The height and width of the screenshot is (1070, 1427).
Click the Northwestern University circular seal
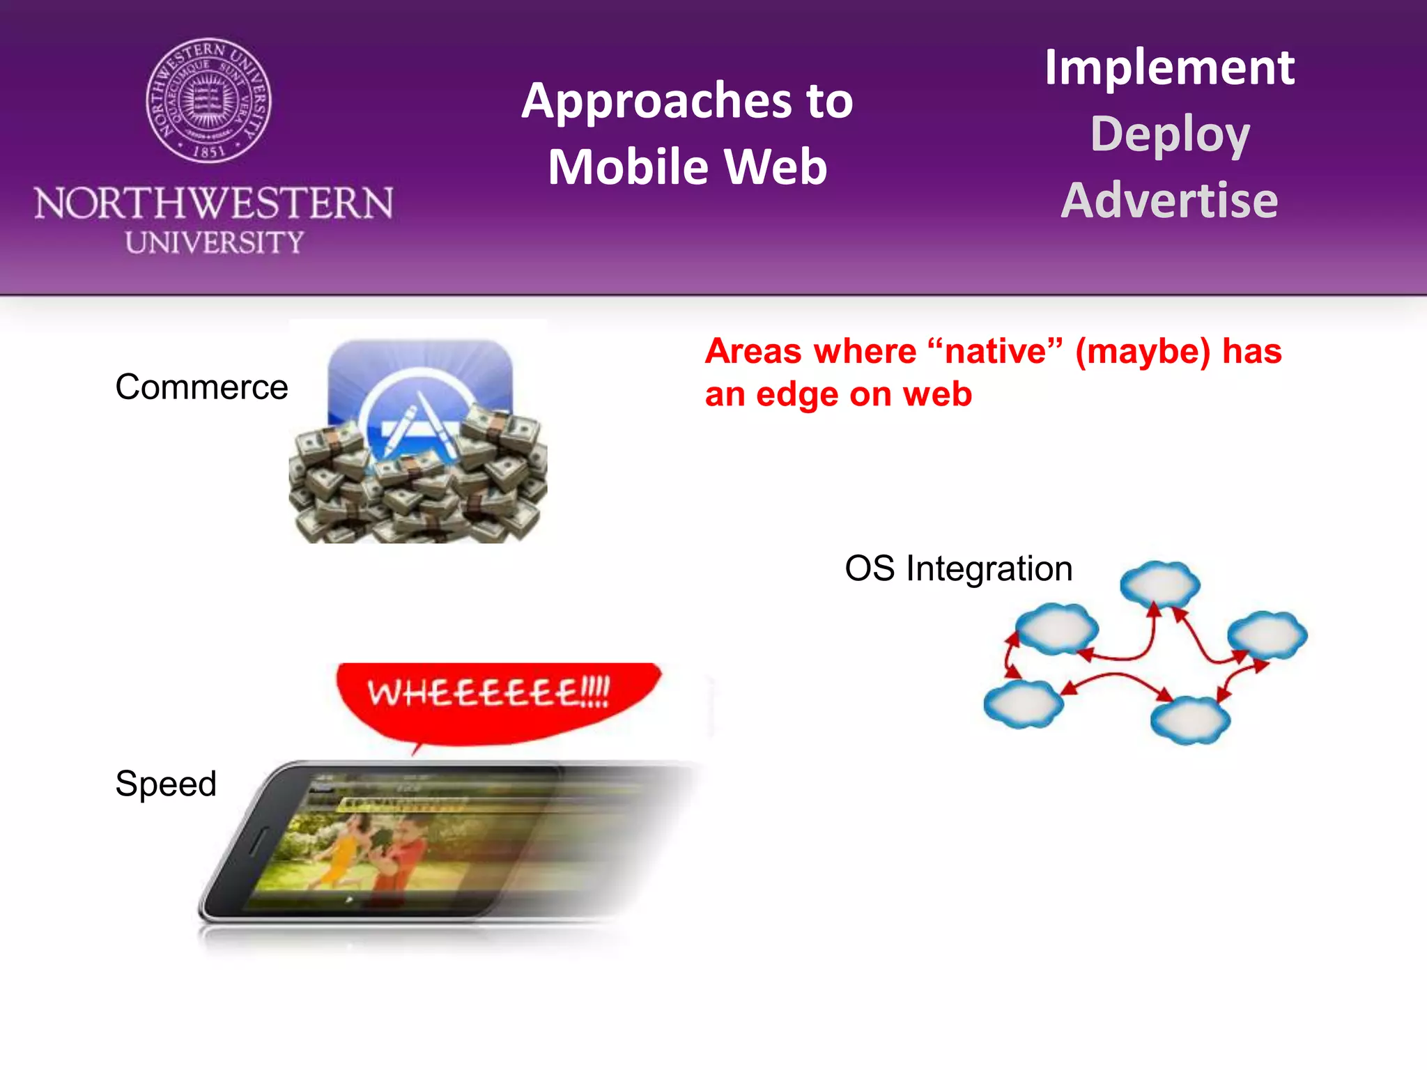click(x=208, y=101)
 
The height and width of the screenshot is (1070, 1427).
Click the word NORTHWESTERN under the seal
click(x=214, y=203)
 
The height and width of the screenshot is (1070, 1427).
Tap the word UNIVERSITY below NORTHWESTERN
click(x=214, y=242)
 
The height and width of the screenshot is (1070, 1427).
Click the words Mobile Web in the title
click(x=687, y=168)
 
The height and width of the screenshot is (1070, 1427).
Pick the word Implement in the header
click(x=1168, y=68)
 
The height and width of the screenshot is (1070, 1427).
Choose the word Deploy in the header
click(x=1170, y=134)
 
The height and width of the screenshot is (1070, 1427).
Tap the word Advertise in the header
click(x=1169, y=201)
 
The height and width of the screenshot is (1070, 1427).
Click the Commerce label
click(x=201, y=387)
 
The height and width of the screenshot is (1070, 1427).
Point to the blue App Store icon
click(x=420, y=390)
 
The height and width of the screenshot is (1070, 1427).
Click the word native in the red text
click(x=995, y=351)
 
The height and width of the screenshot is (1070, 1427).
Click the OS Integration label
click(x=958, y=568)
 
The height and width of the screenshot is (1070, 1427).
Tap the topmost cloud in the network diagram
click(x=1159, y=583)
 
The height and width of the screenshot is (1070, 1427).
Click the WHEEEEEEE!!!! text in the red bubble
click(x=488, y=693)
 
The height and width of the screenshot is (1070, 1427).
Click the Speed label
click(x=166, y=784)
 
